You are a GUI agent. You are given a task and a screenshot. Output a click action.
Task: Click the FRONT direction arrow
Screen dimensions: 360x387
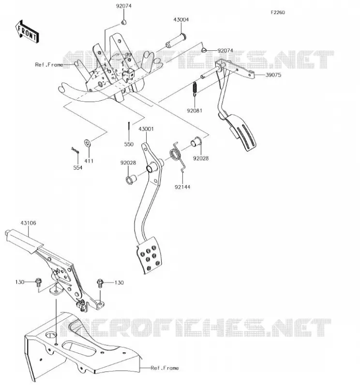tap(27, 32)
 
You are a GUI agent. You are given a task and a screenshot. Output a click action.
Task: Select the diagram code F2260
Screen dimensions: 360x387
tap(278, 13)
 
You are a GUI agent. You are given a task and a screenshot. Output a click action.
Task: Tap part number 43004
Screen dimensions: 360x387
tap(181, 20)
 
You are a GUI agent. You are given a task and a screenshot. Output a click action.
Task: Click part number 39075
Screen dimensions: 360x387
tap(273, 75)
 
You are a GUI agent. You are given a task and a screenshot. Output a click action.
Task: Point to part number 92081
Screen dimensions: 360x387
tap(195, 111)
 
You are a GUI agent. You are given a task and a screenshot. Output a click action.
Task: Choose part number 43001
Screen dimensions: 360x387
tap(146, 129)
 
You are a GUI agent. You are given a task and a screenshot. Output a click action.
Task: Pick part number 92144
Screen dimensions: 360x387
tap(182, 187)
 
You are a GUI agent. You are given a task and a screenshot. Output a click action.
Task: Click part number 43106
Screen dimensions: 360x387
tap(28, 223)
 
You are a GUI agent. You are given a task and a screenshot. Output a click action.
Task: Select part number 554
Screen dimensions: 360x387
tap(78, 167)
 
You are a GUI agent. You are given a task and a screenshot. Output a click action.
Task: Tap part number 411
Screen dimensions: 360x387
tap(89, 161)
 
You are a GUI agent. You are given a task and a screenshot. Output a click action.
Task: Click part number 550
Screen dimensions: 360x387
tap(129, 144)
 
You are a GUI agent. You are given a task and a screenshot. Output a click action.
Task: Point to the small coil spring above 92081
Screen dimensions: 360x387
tap(195, 89)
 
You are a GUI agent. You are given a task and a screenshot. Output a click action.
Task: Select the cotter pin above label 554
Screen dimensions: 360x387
tap(75, 150)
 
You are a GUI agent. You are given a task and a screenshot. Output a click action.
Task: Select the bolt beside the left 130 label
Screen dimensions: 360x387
tap(38, 283)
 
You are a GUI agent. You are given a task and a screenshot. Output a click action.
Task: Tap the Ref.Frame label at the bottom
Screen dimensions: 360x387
tap(165, 368)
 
